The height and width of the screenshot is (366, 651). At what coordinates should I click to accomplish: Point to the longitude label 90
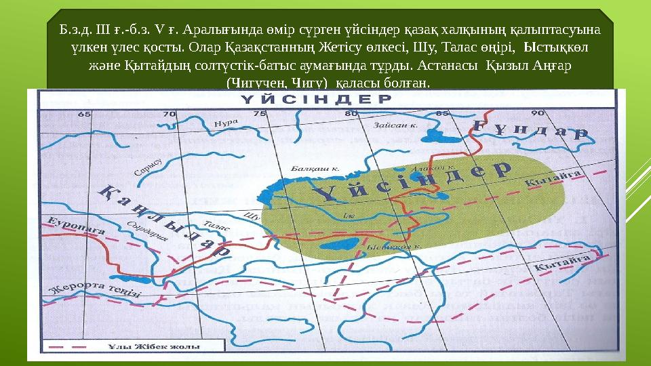[537, 113]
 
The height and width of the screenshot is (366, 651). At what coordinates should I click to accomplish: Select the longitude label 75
[258, 114]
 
